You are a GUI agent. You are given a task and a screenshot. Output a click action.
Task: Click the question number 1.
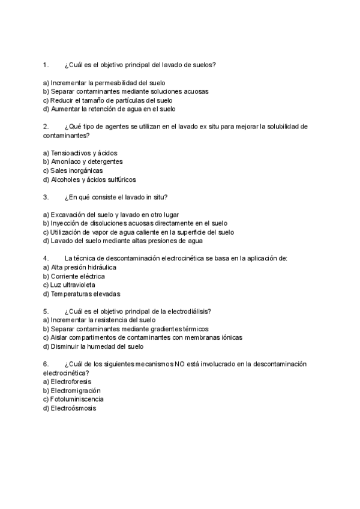coord(45,64)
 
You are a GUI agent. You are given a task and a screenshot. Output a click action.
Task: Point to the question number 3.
coord(45,197)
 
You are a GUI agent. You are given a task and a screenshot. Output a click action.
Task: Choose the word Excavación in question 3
coord(67,214)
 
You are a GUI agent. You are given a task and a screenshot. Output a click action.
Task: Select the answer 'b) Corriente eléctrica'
coord(74,276)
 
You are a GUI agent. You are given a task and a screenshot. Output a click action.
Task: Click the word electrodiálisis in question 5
coord(190,311)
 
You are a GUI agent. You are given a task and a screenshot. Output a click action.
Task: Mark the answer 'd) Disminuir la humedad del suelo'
coord(94,346)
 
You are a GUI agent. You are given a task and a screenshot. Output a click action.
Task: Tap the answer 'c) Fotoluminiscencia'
coord(73,399)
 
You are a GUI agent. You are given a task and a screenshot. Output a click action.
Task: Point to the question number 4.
coord(45,258)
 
